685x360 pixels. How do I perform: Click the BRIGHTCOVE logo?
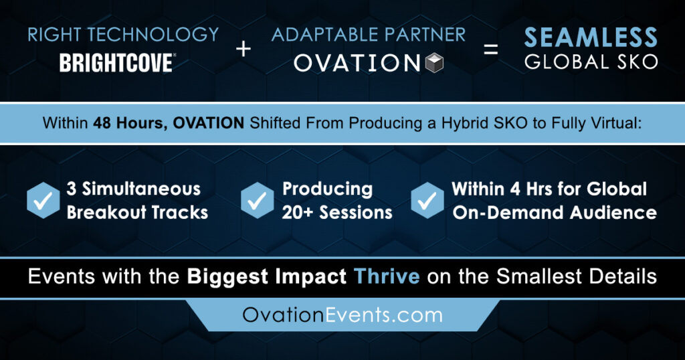tap(118, 63)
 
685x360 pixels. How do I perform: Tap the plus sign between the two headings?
tap(243, 48)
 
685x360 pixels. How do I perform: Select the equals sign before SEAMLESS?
tap(490, 49)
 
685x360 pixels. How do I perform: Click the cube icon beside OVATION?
tap(434, 63)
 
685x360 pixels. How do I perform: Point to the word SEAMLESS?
tap(591, 37)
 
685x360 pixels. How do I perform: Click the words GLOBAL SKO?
tap(591, 62)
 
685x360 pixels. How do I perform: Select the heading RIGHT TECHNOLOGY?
tap(123, 35)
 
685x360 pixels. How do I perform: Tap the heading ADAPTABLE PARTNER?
tap(369, 35)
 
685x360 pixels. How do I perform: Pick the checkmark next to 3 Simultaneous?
tap(43, 200)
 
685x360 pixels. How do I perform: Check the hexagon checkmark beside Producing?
tap(258, 200)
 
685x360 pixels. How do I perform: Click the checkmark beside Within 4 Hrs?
tap(427, 200)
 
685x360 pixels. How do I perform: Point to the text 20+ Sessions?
tap(337, 212)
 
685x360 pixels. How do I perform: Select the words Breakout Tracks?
tap(137, 212)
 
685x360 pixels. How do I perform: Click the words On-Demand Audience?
tap(555, 212)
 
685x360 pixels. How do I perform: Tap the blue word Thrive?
tap(387, 276)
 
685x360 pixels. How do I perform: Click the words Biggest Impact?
tap(266, 277)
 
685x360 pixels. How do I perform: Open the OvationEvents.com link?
tap(342, 315)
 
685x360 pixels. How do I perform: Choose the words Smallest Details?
tap(577, 276)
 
